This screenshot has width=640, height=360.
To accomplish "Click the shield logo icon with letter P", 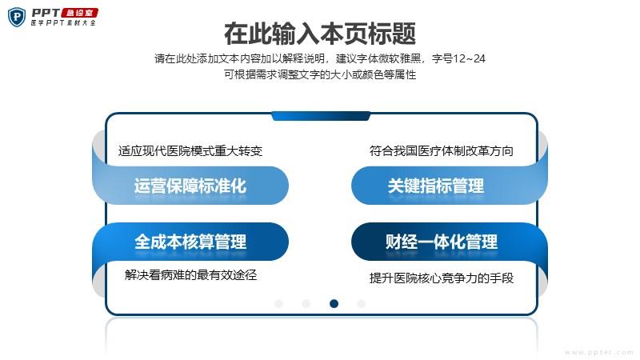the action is point(17,17).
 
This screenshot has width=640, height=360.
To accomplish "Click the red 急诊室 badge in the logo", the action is point(79,13).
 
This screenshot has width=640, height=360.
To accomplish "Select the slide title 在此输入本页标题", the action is point(320,34).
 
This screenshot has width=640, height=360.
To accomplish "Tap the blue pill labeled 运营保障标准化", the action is point(190,186).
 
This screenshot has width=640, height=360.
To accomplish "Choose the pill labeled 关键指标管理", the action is point(449,186).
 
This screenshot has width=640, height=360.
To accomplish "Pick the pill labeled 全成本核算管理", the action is point(190,242).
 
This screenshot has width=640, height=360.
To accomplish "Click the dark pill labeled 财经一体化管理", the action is point(449,242).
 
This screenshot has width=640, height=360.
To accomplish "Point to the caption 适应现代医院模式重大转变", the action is point(190,151).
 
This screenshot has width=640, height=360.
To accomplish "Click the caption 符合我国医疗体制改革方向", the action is point(442,151).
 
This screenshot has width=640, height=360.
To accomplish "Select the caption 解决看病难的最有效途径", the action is point(190,274).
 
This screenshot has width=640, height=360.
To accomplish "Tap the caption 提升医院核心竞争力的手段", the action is point(442,278).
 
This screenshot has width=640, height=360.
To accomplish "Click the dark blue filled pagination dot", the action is point(334,303).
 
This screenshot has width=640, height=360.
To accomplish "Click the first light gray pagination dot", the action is point(278,303).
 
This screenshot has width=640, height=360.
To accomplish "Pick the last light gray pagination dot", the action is point(362,303).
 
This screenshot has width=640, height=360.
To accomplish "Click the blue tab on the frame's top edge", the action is point(321,116).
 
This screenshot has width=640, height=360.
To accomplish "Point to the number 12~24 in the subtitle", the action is point(469,58).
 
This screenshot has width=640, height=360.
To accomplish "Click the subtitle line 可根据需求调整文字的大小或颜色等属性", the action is point(320,74).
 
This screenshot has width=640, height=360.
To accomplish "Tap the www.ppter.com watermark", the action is point(598,352).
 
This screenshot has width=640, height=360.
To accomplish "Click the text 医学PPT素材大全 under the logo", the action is point(63,23).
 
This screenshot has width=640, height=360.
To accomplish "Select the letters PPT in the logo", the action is point(46,13).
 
